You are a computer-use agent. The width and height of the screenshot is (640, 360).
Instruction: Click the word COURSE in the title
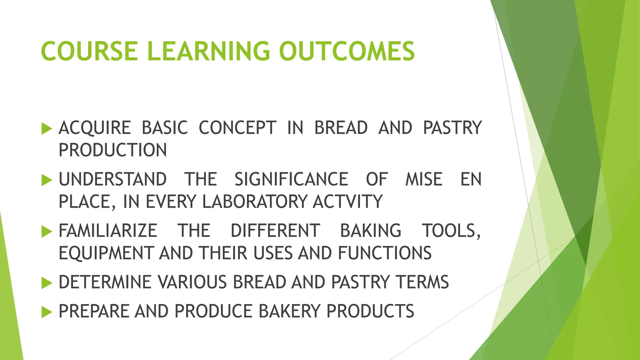tap(89, 51)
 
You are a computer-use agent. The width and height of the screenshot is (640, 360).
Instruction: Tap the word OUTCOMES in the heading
tap(347, 51)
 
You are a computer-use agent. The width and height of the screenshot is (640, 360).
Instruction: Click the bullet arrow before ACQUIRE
tap(47, 128)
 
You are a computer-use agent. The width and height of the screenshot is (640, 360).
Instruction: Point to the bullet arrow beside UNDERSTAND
tap(47, 180)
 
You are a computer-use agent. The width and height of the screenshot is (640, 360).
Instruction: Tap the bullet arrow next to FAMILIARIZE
tap(47, 231)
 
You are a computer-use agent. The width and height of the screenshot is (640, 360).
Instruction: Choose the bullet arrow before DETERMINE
tap(47, 283)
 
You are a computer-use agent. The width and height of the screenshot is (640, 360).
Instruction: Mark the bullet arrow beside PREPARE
tap(47, 312)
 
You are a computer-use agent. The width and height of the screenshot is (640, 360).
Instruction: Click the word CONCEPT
tap(237, 128)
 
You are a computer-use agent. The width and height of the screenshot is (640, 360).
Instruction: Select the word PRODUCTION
tap(113, 150)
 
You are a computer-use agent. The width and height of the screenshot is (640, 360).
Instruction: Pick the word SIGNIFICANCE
tap(291, 179)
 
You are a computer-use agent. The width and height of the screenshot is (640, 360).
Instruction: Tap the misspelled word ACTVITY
tap(348, 202)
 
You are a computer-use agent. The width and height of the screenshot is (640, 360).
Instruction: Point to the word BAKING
tap(371, 231)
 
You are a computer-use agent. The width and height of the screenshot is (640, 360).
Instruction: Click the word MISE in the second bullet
tap(424, 179)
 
